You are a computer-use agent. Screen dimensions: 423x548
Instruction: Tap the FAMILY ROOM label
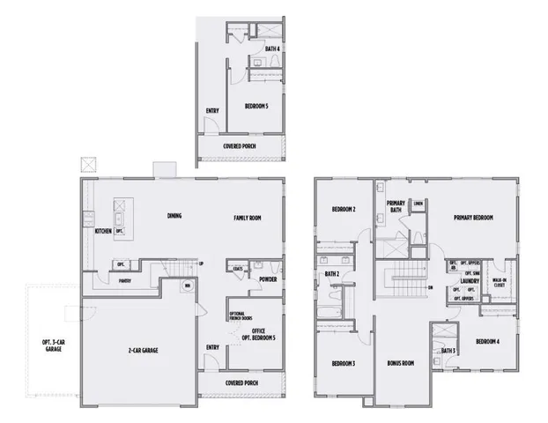click(x=248, y=217)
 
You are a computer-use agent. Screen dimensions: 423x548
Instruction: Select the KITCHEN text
click(x=103, y=231)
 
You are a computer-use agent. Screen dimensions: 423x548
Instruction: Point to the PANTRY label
click(x=126, y=281)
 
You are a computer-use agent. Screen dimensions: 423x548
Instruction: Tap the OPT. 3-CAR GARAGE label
click(x=52, y=345)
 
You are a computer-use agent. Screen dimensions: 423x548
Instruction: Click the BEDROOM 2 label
click(x=344, y=210)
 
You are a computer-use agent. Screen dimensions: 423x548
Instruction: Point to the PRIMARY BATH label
click(x=396, y=208)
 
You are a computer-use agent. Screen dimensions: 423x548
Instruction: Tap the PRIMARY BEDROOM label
click(x=473, y=217)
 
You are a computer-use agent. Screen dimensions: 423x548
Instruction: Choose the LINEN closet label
click(x=418, y=204)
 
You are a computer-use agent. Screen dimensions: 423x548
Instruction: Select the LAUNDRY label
click(x=468, y=281)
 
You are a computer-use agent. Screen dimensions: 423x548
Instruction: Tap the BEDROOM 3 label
click(x=344, y=362)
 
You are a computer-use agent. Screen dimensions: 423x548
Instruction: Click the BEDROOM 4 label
click(x=487, y=341)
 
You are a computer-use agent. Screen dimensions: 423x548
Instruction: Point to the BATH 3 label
click(x=448, y=352)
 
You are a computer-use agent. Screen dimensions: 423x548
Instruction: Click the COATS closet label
click(x=238, y=270)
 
